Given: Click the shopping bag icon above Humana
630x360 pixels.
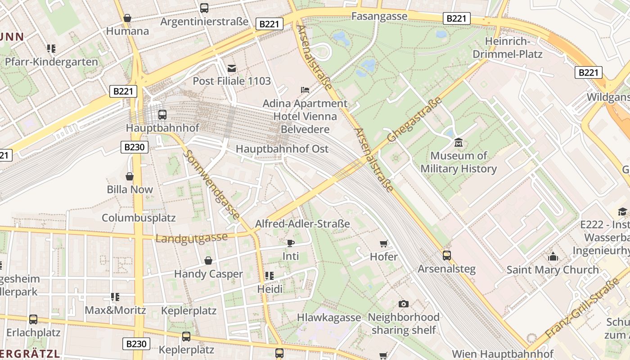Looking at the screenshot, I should (x=127, y=18).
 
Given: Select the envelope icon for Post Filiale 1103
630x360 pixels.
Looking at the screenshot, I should (x=232, y=68).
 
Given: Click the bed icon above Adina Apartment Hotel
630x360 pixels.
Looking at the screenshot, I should (x=305, y=90).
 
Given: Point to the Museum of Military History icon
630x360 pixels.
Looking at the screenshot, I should (x=459, y=143).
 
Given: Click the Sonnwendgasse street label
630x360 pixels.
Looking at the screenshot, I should (x=212, y=185).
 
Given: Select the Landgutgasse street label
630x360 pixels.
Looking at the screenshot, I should (x=191, y=237).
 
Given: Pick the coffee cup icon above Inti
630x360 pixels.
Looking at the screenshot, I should (x=291, y=243).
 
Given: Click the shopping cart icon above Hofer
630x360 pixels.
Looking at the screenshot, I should (x=383, y=244).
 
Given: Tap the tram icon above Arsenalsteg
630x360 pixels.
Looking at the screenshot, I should (x=446, y=255).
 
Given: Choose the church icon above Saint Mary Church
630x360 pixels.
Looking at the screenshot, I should (x=553, y=257).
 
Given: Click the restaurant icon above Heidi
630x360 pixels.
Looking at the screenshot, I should (x=270, y=275).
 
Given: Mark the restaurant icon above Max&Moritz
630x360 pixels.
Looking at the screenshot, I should (x=115, y=297).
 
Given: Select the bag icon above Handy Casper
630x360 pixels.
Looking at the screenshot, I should (x=208, y=261).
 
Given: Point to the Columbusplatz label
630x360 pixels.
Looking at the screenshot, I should (x=139, y=218).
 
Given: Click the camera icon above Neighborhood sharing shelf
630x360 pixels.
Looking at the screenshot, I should (x=404, y=304).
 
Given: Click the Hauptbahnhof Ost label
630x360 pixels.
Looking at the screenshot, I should (x=282, y=149).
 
